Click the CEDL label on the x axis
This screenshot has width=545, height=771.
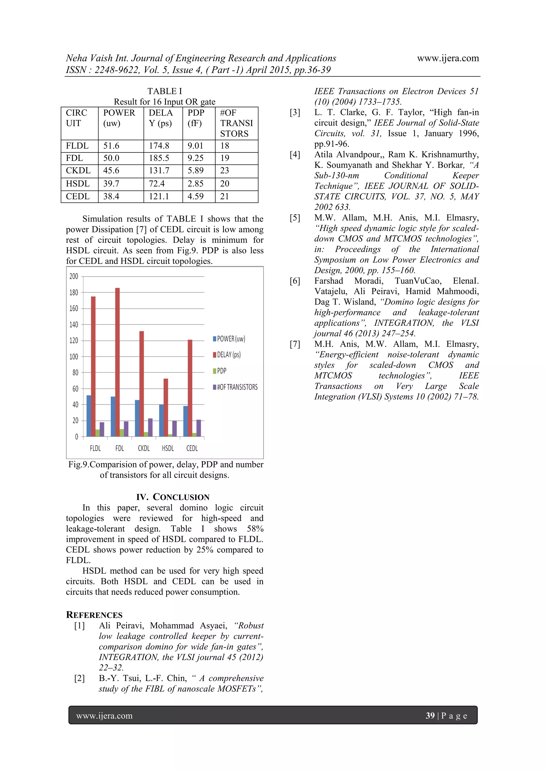click(x=192, y=448)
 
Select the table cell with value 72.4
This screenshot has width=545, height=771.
click(x=156, y=184)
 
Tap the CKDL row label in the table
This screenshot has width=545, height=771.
click(x=78, y=171)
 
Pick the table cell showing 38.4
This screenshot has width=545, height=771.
click(x=111, y=196)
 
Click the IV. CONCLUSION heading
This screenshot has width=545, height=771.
click(x=173, y=497)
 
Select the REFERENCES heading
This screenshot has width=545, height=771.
click(x=94, y=615)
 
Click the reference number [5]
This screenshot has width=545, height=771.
click(x=295, y=218)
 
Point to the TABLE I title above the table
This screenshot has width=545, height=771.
click(x=164, y=91)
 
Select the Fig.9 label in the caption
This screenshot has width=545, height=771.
click(x=78, y=464)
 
